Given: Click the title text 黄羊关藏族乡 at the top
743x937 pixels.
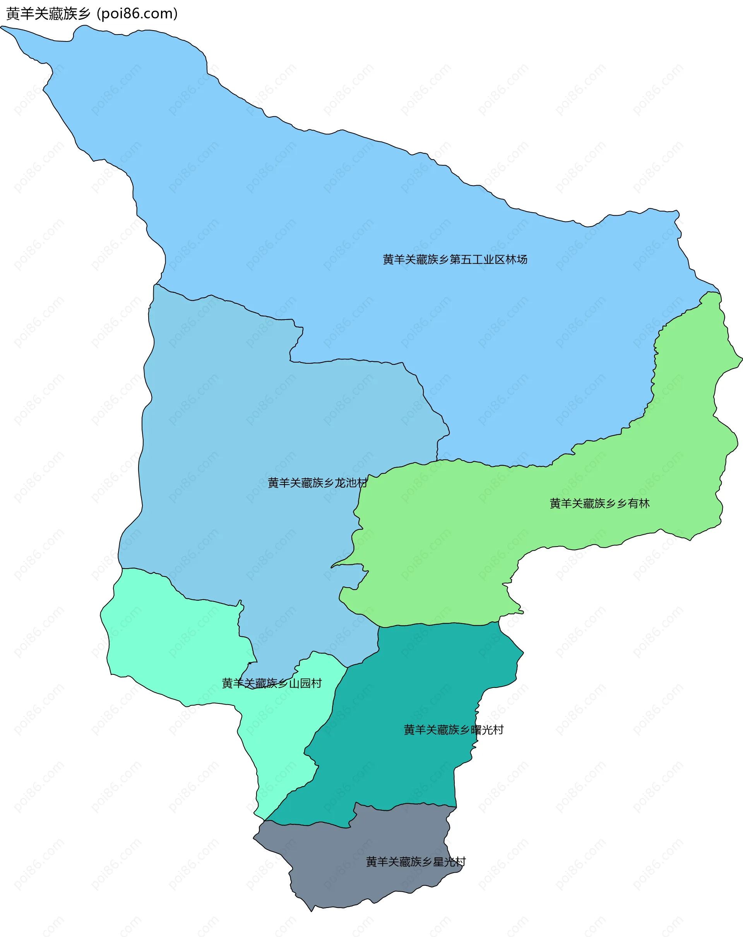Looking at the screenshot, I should pyautogui.click(x=48, y=14).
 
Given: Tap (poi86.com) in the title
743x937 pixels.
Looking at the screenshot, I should pyautogui.click(x=137, y=14).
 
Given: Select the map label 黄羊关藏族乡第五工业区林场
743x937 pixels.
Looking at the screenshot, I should pyautogui.click(x=455, y=260).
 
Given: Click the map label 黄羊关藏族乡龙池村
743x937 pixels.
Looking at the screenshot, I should pyautogui.click(x=317, y=483).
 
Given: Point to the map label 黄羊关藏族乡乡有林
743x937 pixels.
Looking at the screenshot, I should pyautogui.click(x=599, y=503).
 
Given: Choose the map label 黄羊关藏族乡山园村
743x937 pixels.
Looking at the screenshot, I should pyautogui.click(x=271, y=683).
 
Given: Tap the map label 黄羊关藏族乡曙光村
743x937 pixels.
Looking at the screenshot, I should pyautogui.click(x=454, y=730).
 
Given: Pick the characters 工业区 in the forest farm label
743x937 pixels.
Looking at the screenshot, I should pyautogui.click(x=488, y=260).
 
